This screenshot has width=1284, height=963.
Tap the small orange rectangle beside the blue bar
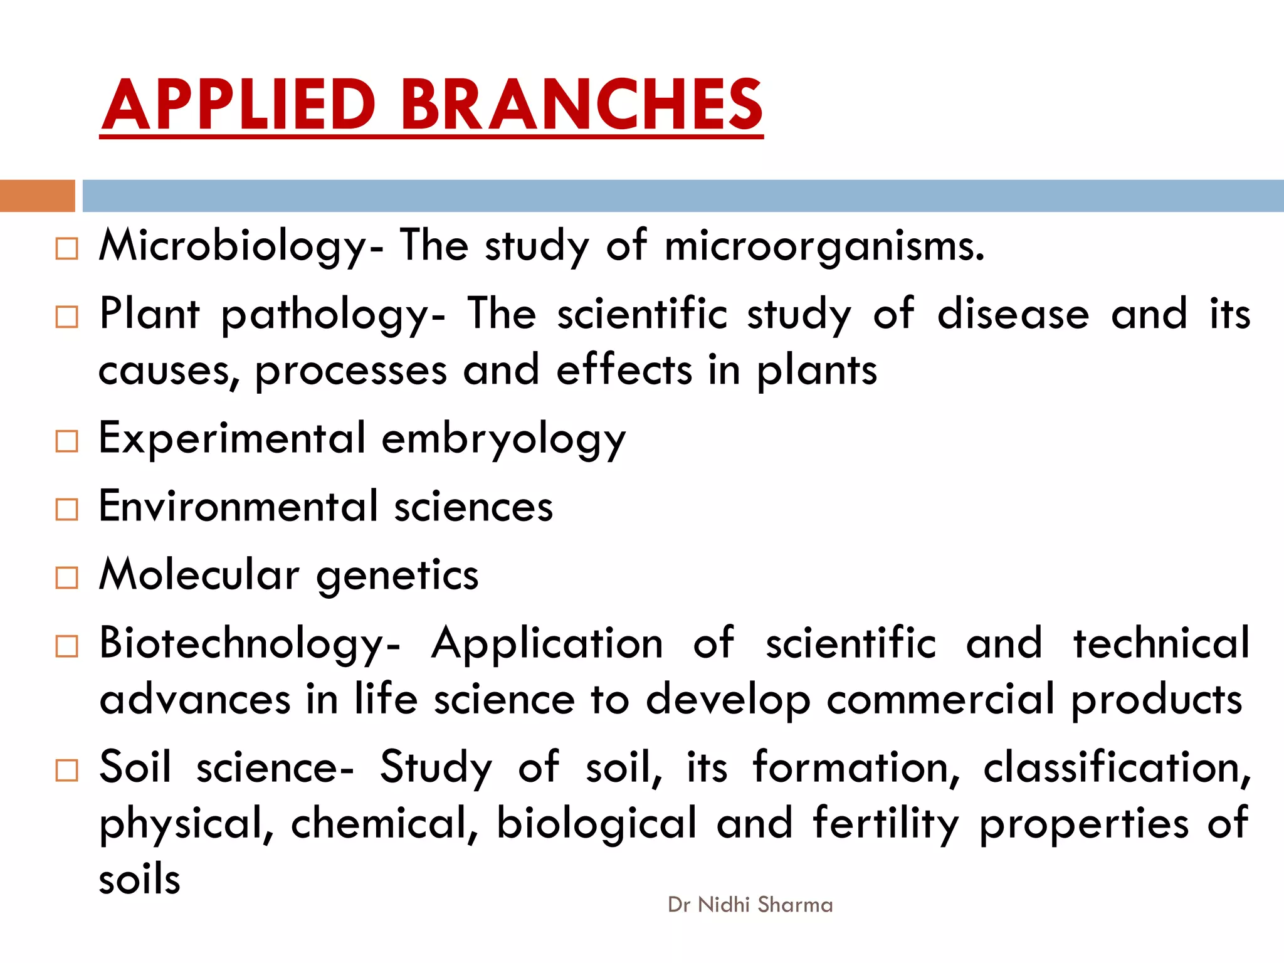(x=37, y=196)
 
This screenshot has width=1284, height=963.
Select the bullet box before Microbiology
(x=66, y=249)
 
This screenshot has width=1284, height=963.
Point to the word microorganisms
(x=824, y=246)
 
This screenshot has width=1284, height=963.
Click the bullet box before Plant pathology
(x=66, y=317)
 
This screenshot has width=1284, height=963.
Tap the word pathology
(x=332, y=315)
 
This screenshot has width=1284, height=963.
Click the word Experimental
(x=232, y=439)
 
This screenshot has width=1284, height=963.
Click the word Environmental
(x=238, y=507)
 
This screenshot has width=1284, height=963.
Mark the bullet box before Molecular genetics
(x=66, y=577)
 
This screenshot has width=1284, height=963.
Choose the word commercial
(x=940, y=700)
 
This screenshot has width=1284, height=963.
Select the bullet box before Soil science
(x=66, y=770)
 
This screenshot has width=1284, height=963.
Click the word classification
(x=1116, y=767)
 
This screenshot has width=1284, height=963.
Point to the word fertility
(x=886, y=824)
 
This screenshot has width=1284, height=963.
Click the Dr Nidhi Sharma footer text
(x=750, y=905)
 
